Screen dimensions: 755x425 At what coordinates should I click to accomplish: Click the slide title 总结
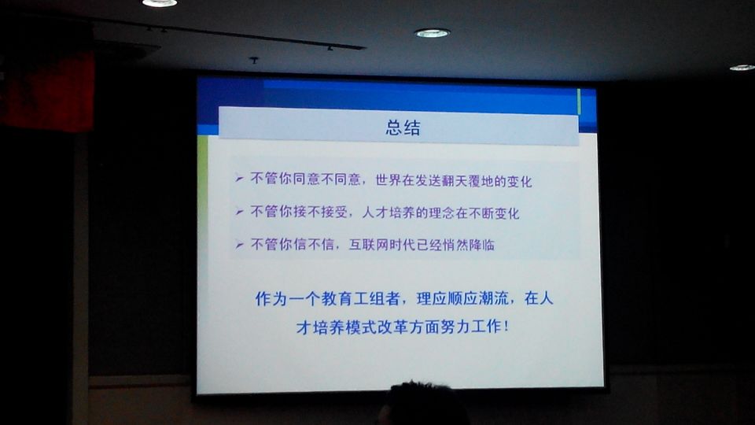[x=403, y=128]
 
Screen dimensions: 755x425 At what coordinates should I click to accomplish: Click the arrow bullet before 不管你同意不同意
[x=239, y=179]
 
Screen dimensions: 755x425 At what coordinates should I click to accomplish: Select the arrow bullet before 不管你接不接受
[x=239, y=212]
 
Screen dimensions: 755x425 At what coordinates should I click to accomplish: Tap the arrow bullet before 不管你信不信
[x=239, y=245]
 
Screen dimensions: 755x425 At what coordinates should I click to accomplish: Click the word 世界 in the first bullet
[x=388, y=180]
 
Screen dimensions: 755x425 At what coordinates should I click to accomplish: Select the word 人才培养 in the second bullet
[x=388, y=213]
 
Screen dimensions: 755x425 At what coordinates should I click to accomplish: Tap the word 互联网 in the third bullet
[x=368, y=245]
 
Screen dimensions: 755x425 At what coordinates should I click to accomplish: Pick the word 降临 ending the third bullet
[x=482, y=246]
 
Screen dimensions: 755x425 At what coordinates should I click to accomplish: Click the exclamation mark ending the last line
[x=506, y=327]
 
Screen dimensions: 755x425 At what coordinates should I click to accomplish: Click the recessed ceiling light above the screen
[x=432, y=33]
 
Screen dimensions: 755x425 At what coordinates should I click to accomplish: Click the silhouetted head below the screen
[x=424, y=404]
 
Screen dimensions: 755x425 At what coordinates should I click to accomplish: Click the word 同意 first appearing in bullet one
[x=306, y=179]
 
